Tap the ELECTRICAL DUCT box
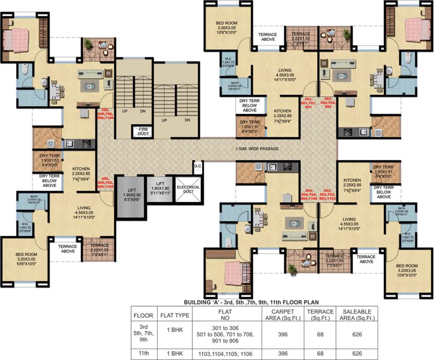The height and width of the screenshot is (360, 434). pyautogui.click(x=188, y=190)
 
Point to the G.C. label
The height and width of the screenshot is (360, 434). pyautogui.click(x=197, y=166)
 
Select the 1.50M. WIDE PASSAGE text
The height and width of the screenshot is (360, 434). pyautogui.click(x=257, y=149)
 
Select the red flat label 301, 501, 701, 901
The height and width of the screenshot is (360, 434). pyautogui.click(x=308, y=103)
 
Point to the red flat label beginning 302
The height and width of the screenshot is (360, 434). pyautogui.click(x=327, y=103)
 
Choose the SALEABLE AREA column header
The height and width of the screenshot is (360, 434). pyautogui.click(x=359, y=315)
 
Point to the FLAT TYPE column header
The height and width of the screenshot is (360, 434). pyautogui.click(x=174, y=315)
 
